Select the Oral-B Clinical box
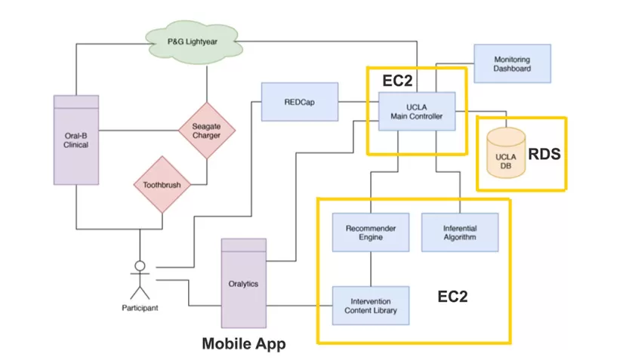[x=76, y=140]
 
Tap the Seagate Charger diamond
[x=206, y=130]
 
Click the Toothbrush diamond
[x=162, y=183]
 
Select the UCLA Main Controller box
[x=416, y=111]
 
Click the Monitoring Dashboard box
[x=512, y=64]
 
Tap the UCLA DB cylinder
[x=505, y=154]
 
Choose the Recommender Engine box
[x=370, y=232]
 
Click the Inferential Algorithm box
[x=459, y=232]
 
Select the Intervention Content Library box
[x=370, y=306]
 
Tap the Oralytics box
[x=243, y=284]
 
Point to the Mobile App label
[x=244, y=343]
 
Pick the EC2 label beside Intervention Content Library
[x=452, y=297]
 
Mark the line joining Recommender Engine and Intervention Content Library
[x=370, y=269]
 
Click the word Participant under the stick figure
[x=139, y=308]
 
